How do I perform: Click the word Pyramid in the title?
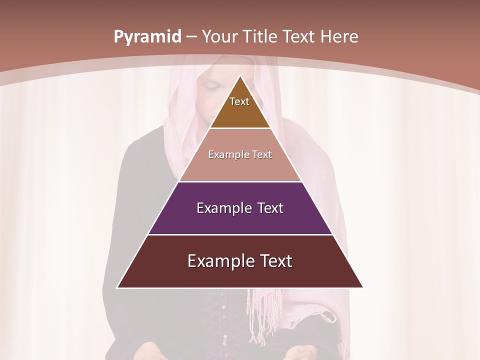(147, 37)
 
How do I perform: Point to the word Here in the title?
(339, 37)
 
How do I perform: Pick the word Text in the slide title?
(301, 37)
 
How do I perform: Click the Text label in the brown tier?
(239, 101)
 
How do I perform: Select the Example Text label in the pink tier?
(240, 154)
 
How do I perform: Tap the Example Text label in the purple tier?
(240, 208)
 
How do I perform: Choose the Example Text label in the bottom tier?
(240, 261)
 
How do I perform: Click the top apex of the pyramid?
(240, 76)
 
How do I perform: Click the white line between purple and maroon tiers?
(240, 234)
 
